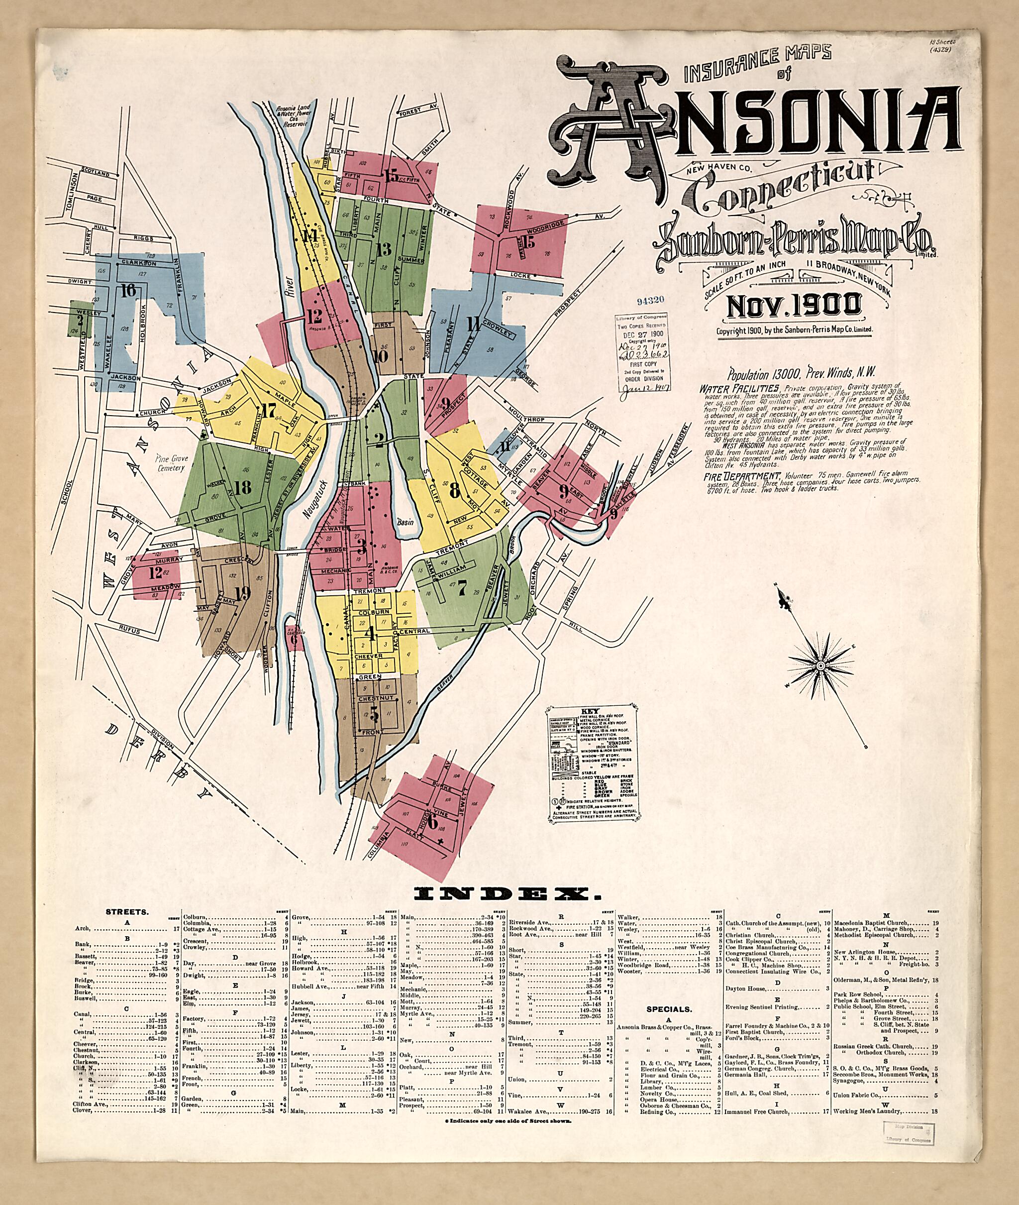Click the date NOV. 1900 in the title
[794, 305]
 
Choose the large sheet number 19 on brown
[243, 592]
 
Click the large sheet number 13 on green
[384, 249]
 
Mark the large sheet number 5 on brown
[374, 715]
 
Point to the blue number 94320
[650, 301]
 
